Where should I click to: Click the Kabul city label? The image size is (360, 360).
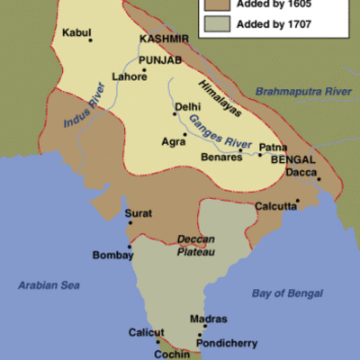pos(76,32)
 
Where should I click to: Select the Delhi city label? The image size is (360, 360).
pos(188,106)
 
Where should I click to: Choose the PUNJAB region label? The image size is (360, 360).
pos(160,60)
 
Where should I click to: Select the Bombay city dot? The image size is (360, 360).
pos(130,247)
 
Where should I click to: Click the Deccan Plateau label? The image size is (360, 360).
pos(196,246)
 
